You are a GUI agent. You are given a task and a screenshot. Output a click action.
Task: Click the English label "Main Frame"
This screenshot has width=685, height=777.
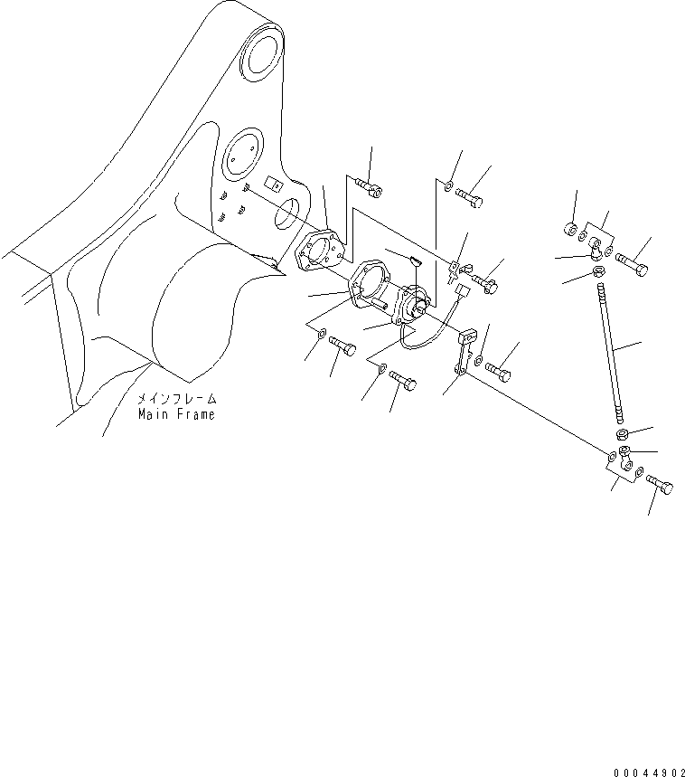pos(176,414)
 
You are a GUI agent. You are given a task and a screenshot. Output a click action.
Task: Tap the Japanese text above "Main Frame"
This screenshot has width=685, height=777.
pos(177,399)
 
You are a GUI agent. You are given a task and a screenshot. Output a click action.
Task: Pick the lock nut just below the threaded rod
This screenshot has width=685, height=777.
pos(623,434)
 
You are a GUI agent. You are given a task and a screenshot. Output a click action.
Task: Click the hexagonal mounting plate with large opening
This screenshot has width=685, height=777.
pos(369,283)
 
